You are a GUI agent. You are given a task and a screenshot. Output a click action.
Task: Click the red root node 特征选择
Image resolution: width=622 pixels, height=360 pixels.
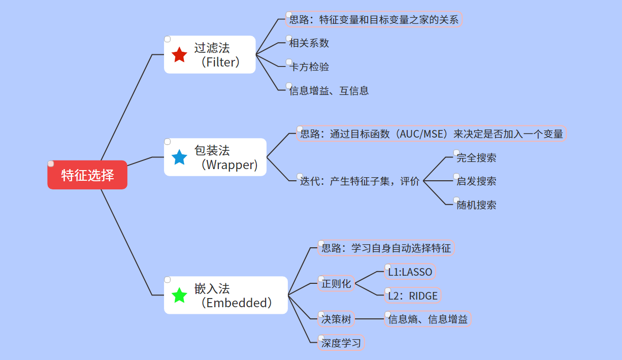(x=87, y=175)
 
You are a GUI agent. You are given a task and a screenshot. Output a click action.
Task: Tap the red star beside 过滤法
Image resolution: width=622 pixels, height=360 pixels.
(x=180, y=55)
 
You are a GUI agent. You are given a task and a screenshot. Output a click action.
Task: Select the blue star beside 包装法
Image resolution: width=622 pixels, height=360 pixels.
(x=180, y=157)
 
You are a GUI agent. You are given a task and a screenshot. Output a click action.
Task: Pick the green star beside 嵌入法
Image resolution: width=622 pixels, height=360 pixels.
(x=180, y=296)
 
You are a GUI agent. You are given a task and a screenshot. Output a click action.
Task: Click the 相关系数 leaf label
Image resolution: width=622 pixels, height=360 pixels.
(x=309, y=43)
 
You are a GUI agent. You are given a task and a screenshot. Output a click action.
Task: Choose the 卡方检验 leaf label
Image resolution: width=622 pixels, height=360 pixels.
(x=309, y=67)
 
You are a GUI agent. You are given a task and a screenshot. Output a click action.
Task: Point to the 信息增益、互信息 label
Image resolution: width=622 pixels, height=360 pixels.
(x=329, y=91)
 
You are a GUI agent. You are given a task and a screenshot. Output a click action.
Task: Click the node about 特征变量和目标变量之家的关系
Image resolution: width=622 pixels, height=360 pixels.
(x=374, y=20)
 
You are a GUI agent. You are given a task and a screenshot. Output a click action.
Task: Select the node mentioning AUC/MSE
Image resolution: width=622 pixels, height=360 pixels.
(x=431, y=134)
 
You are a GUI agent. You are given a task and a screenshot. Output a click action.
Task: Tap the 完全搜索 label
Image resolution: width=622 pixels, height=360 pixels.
(x=476, y=158)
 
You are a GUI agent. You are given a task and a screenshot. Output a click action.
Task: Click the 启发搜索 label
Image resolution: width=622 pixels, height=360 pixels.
(x=476, y=181)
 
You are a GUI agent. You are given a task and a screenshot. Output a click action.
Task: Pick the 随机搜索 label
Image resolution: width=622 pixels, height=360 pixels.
(x=476, y=205)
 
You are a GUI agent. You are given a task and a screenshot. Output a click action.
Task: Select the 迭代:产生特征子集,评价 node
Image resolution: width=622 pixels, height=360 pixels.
(x=359, y=181)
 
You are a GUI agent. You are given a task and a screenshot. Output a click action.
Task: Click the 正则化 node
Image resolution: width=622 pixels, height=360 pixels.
(x=336, y=284)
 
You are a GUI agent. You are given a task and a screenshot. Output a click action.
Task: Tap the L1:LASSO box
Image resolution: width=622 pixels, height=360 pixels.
(x=410, y=272)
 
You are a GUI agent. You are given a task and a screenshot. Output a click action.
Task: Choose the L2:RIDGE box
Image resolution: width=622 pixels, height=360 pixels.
(x=412, y=296)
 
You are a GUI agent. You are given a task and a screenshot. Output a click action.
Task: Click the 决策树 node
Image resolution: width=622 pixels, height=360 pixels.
(x=336, y=319)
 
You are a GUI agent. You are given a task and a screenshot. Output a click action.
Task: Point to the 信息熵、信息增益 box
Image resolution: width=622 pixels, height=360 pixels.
(x=428, y=319)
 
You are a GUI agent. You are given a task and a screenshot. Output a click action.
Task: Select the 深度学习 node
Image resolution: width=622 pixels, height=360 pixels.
(x=341, y=343)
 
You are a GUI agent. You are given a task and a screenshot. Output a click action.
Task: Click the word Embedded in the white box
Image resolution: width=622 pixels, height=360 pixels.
(x=236, y=303)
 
